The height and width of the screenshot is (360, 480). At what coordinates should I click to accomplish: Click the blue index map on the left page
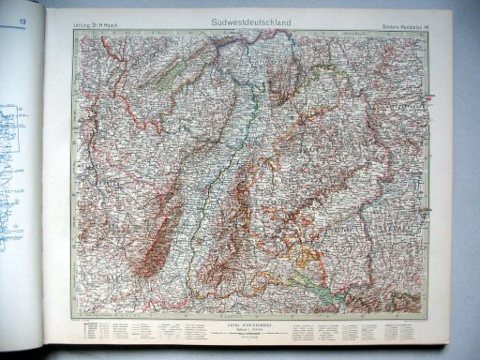coord(21,141)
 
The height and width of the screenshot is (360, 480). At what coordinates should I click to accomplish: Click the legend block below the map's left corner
coord(122,334)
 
